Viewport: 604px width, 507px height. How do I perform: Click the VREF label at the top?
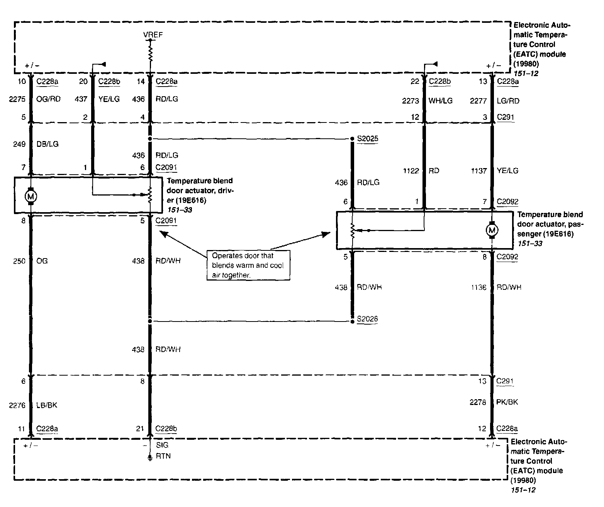click(153, 35)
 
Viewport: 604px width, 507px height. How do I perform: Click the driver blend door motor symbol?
click(31, 197)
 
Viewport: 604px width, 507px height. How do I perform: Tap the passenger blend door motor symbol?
click(492, 230)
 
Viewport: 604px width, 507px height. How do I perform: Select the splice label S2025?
click(367, 138)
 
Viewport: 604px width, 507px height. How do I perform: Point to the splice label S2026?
click(367, 319)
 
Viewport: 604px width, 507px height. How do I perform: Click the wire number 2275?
click(17, 99)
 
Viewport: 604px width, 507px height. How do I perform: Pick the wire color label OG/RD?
click(48, 99)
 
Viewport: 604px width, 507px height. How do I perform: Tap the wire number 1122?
click(411, 171)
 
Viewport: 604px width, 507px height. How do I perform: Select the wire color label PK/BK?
click(507, 402)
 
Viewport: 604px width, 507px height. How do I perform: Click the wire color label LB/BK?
click(47, 405)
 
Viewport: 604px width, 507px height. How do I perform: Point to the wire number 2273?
click(410, 101)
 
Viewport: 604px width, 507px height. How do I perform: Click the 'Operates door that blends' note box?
click(248, 265)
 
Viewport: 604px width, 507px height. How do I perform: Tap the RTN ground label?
click(163, 456)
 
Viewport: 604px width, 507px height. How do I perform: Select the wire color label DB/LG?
click(48, 144)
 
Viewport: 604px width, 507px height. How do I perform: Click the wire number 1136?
click(478, 288)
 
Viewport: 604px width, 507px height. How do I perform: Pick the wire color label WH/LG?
click(441, 101)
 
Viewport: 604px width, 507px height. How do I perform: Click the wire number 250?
click(19, 261)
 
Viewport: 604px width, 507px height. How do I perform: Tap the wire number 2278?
click(478, 402)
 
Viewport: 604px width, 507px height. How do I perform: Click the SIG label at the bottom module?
click(162, 445)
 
